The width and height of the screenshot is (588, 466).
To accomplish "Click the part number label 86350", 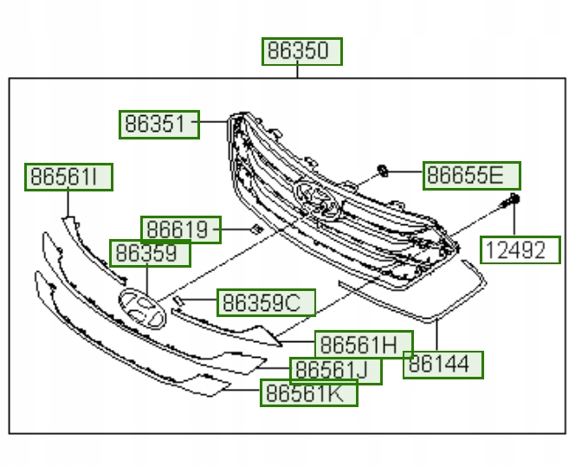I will pos(302,51).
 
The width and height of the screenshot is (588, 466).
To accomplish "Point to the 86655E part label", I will pos(472,176).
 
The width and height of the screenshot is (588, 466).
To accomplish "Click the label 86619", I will pos(181,230).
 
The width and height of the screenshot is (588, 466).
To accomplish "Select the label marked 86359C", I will pos(266,302).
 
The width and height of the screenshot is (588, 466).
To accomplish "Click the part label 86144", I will pos(443,365).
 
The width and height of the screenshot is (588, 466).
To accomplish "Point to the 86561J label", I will pos(335,371).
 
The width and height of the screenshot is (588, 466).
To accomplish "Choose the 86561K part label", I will pos(309,393).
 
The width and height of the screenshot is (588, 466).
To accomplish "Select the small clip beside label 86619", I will pos(255,229).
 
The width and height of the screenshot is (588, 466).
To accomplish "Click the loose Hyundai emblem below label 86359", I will pos(142,309).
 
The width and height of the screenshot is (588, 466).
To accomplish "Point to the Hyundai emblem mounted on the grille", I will pos(316,199).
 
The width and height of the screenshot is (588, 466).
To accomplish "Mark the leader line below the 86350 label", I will pos(299,71).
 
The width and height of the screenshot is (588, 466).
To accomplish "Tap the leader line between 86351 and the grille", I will pos(211,125).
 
